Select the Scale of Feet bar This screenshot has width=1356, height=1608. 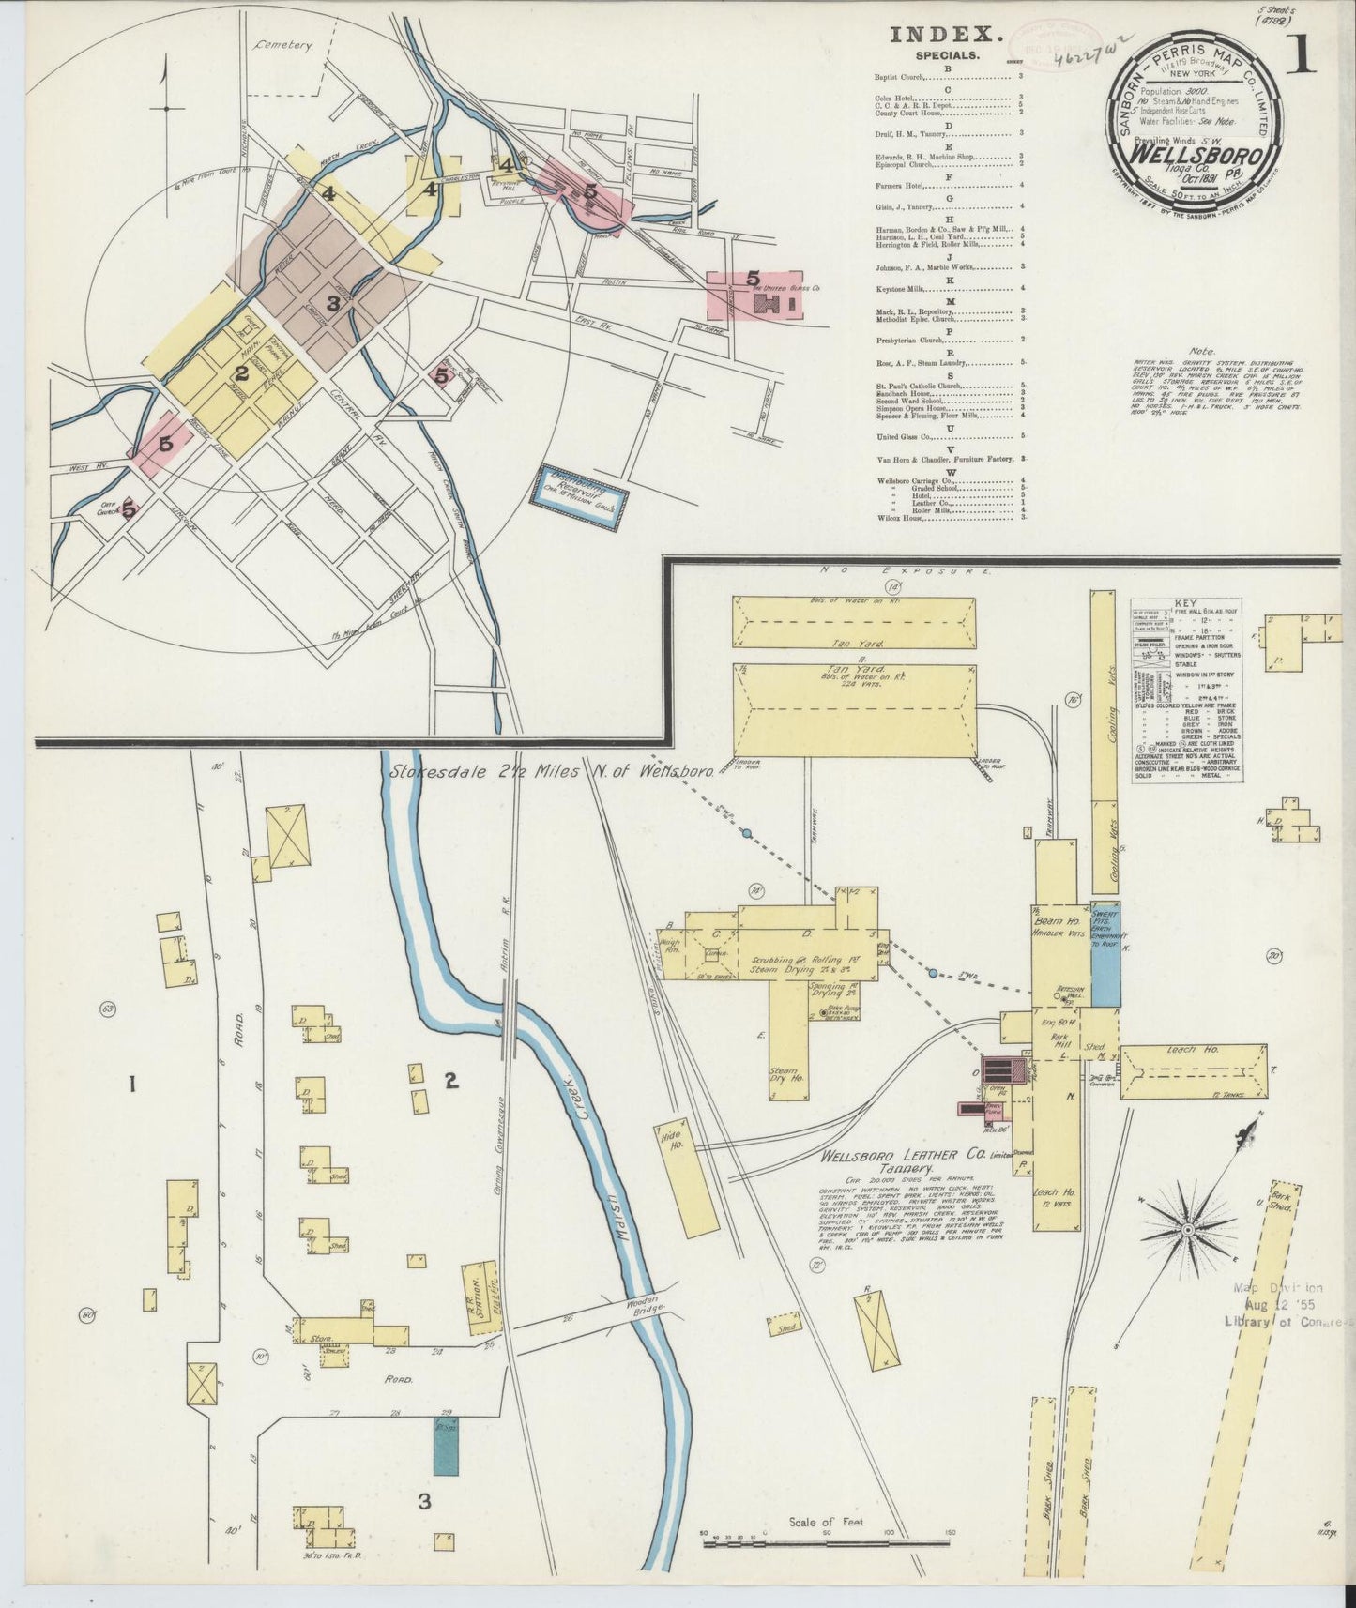826,1535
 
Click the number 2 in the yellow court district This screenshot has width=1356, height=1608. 241,373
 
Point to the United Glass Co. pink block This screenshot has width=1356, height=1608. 756,295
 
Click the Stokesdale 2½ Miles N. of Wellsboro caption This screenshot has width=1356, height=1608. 552,771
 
